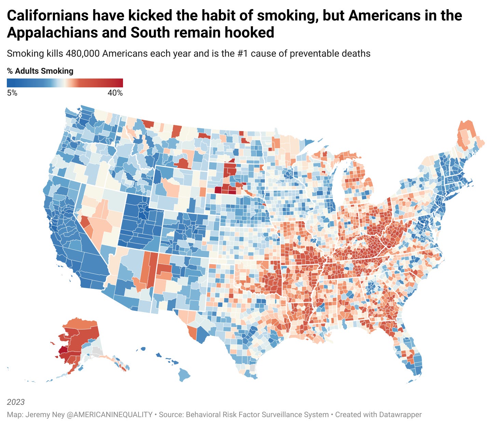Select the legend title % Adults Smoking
pyautogui.click(x=40, y=71)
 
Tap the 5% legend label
pyautogui.click(x=12, y=93)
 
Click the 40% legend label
pyautogui.click(x=115, y=93)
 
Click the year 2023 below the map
pyautogui.click(x=16, y=402)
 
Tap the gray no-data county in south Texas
pyautogui.click(x=252, y=368)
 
